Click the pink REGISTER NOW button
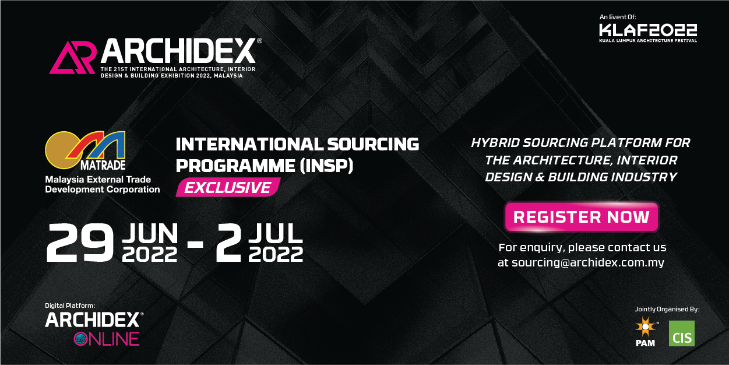click(x=582, y=217)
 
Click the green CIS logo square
click(x=681, y=334)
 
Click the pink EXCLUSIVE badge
click(x=228, y=187)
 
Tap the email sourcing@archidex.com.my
click(x=588, y=262)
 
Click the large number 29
click(x=80, y=243)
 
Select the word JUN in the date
click(x=150, y=233)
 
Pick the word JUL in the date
click(x=276, y=233)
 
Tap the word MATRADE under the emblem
click(x=103, y=166)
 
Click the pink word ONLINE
click(x=107, y=339)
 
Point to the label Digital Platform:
click(x=70, y=306)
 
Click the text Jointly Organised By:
click(x=667, y=309)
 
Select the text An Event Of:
click(x=618, y=17)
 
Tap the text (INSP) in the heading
click(x=326, y=166)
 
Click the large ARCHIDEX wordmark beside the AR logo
click(x=178, y=51)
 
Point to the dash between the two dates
click(x=196, y=244)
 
